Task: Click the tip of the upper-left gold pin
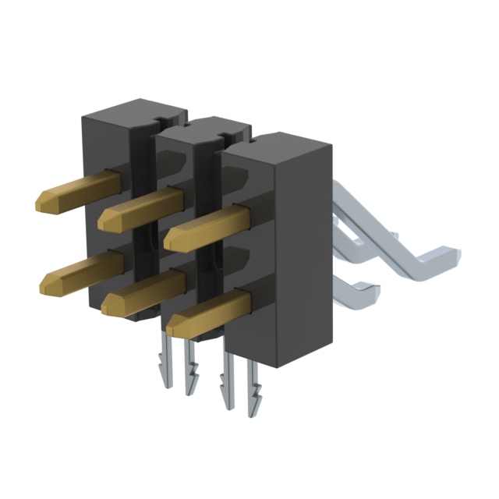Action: [45, 200]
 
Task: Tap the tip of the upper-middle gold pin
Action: [108, 219]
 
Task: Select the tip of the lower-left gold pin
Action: [47, 279]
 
